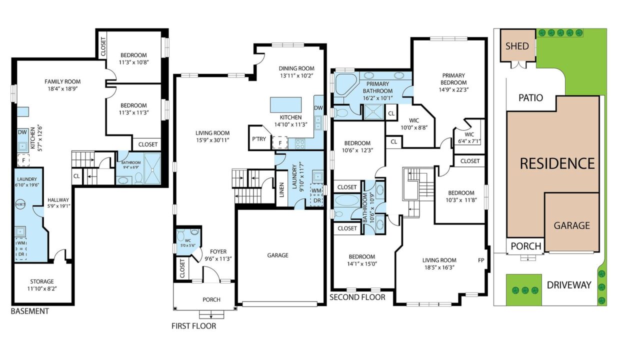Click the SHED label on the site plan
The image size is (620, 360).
pyautogui.click(x=517, y=46)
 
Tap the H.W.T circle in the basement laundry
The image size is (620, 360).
pyautogui.click(x=20, y=204)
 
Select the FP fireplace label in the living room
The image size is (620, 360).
pyautogui.click(x=481, y=260)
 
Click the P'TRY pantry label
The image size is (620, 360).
pyautogui.click(x=259, y=139)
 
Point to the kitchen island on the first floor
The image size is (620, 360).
pyautogui.click(x=285, y=104)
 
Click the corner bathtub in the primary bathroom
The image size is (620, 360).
pyautogui.click(x=345, y=84)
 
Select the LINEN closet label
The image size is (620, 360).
pyautogui.click(x=282, y=190)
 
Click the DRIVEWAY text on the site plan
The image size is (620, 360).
pyautogui.click(x=569, y=285)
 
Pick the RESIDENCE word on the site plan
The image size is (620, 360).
pyautogui.click(x=557, y=163)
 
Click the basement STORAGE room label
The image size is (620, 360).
pyautogui.click(x=42, y=281)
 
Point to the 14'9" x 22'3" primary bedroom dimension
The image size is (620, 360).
pyautogui.click(x=453, y=89)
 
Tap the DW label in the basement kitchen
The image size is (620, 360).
pyautogui.click(x=22, y=132)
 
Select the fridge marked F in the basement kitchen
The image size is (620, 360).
pyautogui.click(x=23, y=160)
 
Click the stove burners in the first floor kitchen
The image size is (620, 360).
pyautogui.click(x=300, y=144)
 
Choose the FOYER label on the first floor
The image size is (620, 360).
pyautogui.click(x=218, y=251)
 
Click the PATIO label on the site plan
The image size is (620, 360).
pyautogui.click(x=530, y=97)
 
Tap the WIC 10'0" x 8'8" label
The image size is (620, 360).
pyautogui.click(x=414, y=124)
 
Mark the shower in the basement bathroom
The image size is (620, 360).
pyautogui.click(x=152, y=168)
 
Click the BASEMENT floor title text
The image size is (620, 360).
pyautogui.click(x=30, y=311)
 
